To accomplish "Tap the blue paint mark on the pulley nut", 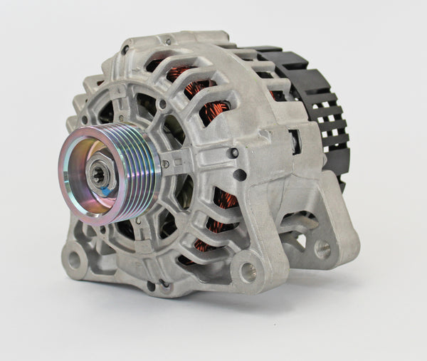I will click(x=105, y=191).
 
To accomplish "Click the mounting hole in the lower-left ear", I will click(x=73, y=258).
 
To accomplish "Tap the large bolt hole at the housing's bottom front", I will click(x=248, y=271).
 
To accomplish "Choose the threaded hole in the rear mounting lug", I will click(x=322, y=248).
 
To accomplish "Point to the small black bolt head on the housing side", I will click(x=233, y=153).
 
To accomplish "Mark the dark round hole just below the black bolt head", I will click(x=240, y=174).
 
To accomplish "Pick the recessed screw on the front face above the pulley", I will click(x=163, y=105).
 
